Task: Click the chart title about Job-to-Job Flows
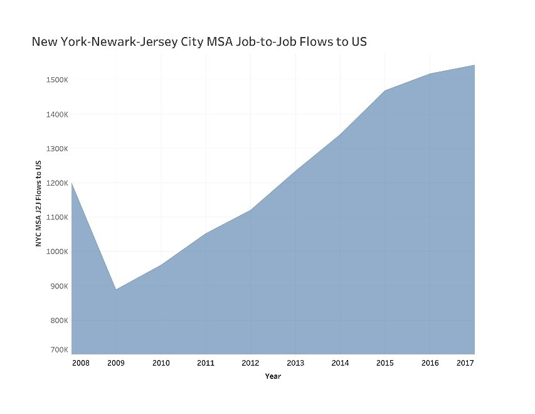(x=199, y=43)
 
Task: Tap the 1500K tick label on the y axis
(x=48, y=80)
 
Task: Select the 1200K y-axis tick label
(x=48, y=183)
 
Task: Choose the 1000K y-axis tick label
(x=48, y=252)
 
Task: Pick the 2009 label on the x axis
(x=116, y=363)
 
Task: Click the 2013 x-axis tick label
(x=295, y=363)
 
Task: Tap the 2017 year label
(x=465, y=363)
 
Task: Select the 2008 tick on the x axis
(x=81, y=363)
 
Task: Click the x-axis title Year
(x=273, y=376)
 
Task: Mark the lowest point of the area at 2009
(x=116, y=290)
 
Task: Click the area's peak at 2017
(x=474, y=65)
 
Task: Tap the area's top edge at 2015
(x=384, y=91)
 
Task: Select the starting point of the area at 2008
(x=72, y=183)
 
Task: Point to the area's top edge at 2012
(x=250, y=210)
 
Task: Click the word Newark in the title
(x=110, y=43)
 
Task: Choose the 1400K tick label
(x=48, y=115)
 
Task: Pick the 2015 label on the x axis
(x=384, y=363)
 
